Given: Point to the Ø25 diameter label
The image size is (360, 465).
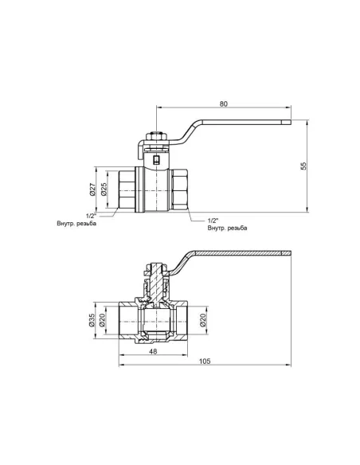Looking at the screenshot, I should pyautogui.click(x=104, y=190).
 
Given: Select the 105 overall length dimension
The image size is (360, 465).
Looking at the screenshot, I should pyautogui.click(x=205, y=361).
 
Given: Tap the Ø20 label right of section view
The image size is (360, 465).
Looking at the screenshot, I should pyautogui.click(x=204, y=322).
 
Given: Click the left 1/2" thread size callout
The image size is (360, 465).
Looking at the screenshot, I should pyautogui.click(x=91, y=215).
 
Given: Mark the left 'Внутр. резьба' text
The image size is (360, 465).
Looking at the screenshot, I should pyautogui.click(x=77, y=224).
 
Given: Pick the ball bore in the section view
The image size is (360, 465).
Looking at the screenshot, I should pyautogui.click(x=158, y=322).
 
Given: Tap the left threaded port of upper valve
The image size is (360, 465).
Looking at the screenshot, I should pyautogui.click(x=126, y=190).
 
